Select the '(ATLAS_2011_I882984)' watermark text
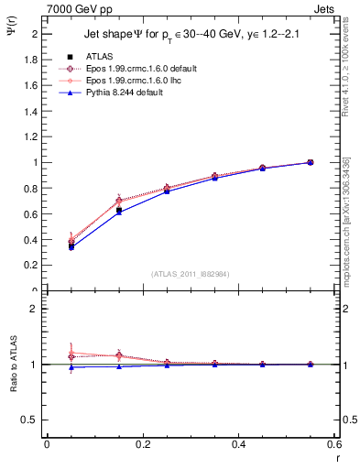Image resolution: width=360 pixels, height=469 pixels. (190, 273)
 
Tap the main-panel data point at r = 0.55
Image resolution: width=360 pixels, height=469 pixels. (311, 162)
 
